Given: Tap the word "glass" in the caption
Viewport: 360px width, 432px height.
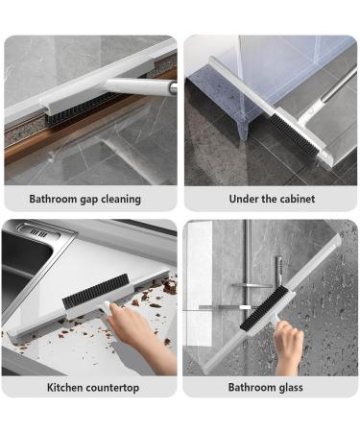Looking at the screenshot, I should coord(288,387).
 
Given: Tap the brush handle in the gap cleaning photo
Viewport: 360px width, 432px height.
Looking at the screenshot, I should coord(140,85).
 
